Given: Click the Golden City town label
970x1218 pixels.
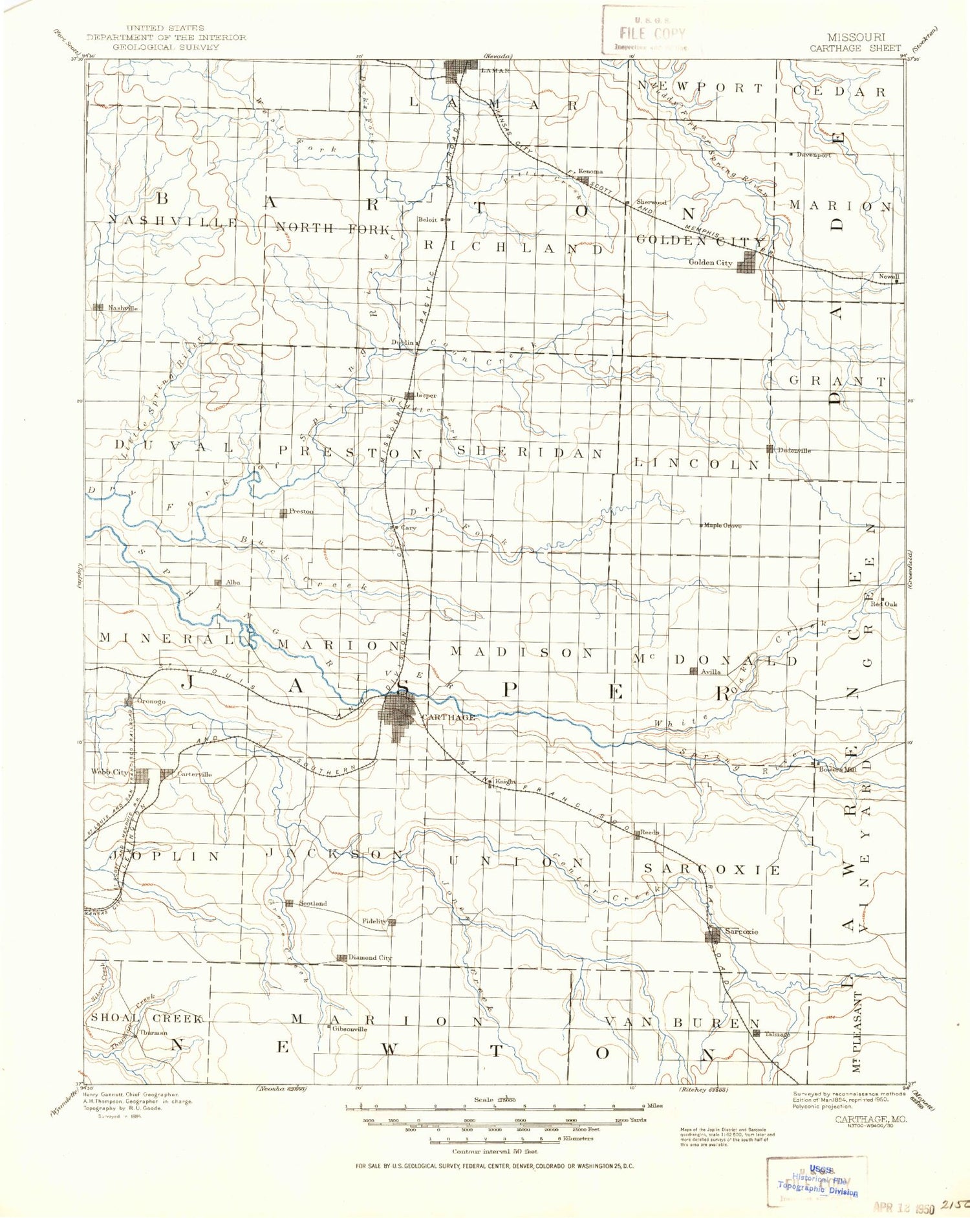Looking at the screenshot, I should point(710,263).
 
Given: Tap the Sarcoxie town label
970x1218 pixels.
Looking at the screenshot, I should point(741,931).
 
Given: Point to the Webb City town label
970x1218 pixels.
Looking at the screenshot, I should point(109,772).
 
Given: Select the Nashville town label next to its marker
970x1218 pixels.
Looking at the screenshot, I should point(123,309).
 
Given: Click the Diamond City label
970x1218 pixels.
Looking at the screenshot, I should point(370,958).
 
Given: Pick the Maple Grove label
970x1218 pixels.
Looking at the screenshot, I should point(722,525).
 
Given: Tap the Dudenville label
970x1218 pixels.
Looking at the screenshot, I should point(793,450).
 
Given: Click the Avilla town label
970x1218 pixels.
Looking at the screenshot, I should point(711,672).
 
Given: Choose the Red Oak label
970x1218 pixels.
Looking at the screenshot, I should point(883,604).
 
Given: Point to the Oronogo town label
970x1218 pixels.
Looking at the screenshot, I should point(151,701).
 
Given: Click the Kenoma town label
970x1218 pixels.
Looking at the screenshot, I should point(590,171).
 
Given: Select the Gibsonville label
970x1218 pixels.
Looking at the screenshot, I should point(349,1029).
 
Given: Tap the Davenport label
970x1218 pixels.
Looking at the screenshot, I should point(814,155).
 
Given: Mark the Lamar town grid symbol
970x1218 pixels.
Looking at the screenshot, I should point(460,69).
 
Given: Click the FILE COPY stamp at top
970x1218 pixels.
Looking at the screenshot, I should point(651,34).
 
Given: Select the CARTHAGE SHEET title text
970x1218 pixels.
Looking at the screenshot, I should point(855,48).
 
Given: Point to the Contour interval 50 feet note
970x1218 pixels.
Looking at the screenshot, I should point(495,1151).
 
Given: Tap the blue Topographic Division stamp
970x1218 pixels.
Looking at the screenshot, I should point(818,1186).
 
